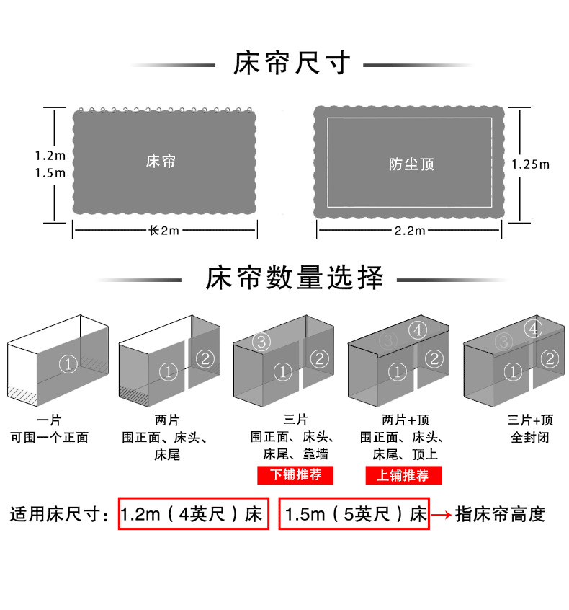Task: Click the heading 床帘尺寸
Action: click(291, 64)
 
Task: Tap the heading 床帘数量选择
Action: click(295, 278)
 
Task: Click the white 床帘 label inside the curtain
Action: click(161, 161)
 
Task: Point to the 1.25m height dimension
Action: click(530, 164)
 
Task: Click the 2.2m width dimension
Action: click(410, 231)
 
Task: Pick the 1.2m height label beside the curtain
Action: click(50, 155)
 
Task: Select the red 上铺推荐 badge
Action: click(403, 475)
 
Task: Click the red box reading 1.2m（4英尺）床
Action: click(193, 514)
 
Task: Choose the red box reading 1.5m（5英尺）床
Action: click(354, 514)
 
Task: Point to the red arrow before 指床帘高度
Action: click(442, 515)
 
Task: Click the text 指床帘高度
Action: click(501, 514)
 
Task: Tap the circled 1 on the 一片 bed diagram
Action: click(68, 365)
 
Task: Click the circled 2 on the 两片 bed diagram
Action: click(205, 358)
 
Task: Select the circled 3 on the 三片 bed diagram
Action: click(261, 340)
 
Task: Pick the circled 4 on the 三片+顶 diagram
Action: click(533, 330)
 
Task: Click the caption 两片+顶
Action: click(402, 420)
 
